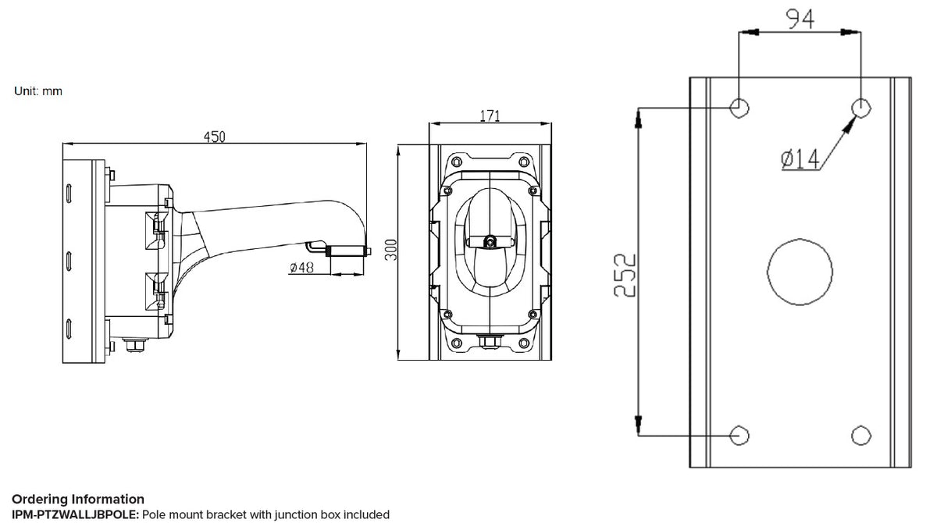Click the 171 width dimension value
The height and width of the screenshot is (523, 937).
(x=490, y=116)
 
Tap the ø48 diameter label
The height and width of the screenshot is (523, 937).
(x=301, y=268)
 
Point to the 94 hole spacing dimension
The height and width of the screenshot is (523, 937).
(x=800, y=19)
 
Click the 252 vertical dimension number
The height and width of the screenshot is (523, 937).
(x=623, y=274)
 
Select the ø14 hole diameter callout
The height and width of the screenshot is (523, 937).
(x=800, y=159)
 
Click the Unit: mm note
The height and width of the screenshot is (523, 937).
(x=38, y=91)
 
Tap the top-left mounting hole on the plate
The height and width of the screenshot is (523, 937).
(x=739, y=107)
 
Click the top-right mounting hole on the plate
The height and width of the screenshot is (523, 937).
(x=860, y=107)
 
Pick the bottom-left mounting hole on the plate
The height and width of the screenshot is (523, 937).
(x=739, y=435)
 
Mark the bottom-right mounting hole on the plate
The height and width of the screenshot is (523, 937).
(x=860, y=435)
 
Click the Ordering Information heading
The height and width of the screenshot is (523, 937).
(x=78, y=499)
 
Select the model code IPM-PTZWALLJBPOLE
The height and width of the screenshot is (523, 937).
(x=75, y=514)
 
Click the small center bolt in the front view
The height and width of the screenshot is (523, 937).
(x=490, y=242)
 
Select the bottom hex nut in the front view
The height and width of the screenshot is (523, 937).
(x=490, y=341)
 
